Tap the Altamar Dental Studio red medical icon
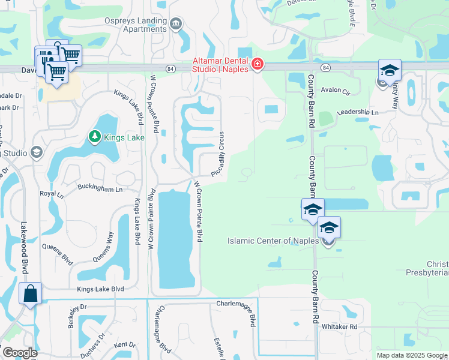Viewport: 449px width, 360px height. point(258,64)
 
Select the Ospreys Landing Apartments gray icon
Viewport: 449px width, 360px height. point(176,24)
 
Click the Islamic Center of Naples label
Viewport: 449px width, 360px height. point(274,241)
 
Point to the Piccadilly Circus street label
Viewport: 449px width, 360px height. point(218,154)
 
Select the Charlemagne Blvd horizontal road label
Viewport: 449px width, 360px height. point(237,304)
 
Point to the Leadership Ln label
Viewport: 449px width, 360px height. point(358,112)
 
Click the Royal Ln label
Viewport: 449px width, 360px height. point(52,194)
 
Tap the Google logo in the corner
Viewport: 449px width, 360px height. point(19,352)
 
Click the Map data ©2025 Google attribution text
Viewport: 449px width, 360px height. point(411,355)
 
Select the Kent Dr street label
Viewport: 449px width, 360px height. point(125,344)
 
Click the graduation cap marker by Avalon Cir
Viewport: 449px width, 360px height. point(390,71)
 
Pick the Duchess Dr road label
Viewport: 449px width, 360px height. point(92,344)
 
